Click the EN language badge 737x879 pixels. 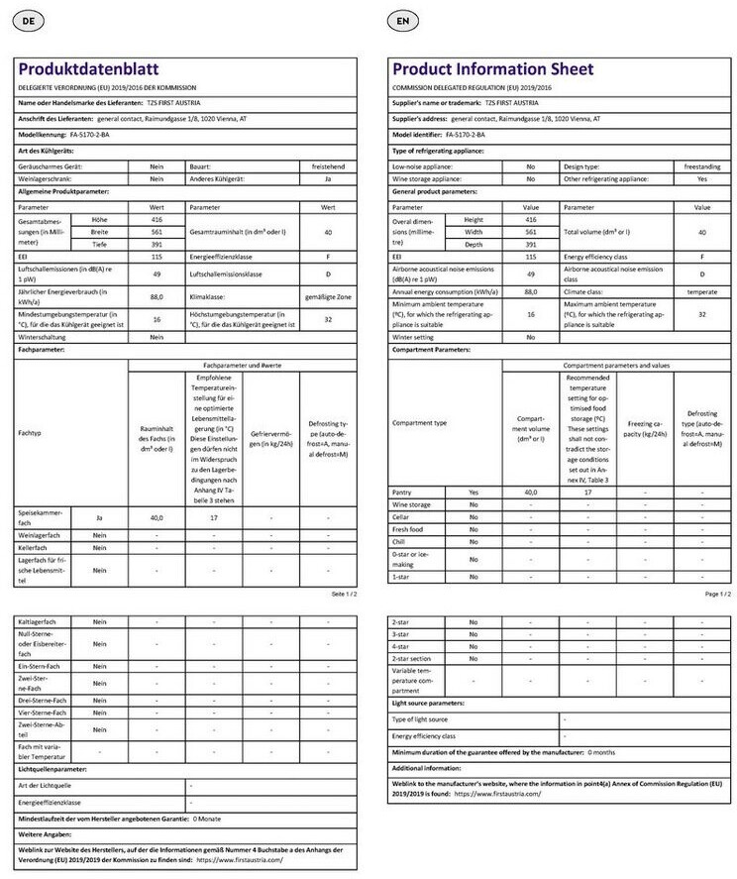pos(401,20)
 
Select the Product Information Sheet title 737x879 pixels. pos(492,69)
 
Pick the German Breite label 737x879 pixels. pos(99,230)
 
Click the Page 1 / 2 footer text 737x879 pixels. pos(717,593)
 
